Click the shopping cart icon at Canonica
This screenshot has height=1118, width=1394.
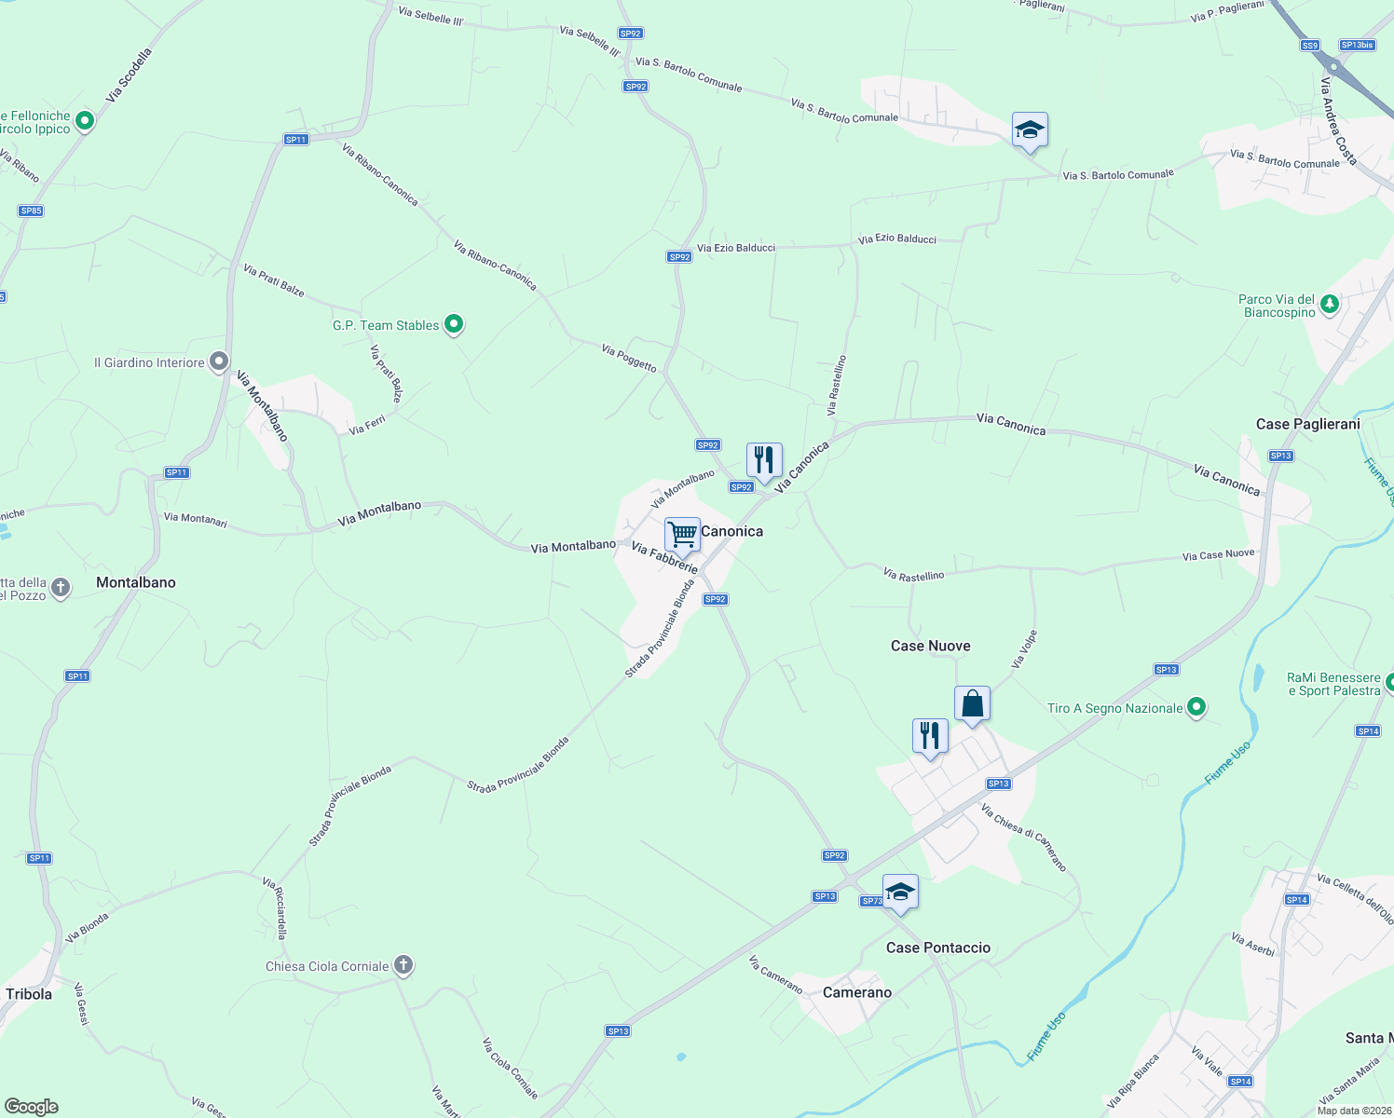point(682,535)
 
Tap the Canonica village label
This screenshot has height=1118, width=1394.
point(731,531)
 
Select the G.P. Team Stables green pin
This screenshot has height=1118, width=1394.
point(454,324)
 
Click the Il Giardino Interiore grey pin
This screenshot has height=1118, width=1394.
point(219,361)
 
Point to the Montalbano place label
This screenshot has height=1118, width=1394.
point(136,582)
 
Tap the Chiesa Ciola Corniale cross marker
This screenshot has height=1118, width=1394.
point(403,965)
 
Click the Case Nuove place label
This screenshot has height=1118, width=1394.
point(930,646)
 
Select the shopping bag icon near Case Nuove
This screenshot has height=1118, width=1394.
point(972,703)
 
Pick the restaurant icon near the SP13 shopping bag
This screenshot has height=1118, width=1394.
point(930,736)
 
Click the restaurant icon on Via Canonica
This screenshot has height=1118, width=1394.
point(764,459)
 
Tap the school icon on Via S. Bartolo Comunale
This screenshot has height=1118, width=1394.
point(1030,130)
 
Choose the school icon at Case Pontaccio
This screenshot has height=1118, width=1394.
point(900,893)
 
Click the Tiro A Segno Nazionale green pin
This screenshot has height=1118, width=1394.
point(1196,708)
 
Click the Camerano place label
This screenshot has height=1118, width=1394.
point(857,992)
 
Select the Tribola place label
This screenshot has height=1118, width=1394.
point(29,994)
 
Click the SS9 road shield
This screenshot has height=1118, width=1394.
point(1310,46)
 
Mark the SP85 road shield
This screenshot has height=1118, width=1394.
point(31,211)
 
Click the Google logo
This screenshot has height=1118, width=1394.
point(32,1107)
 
